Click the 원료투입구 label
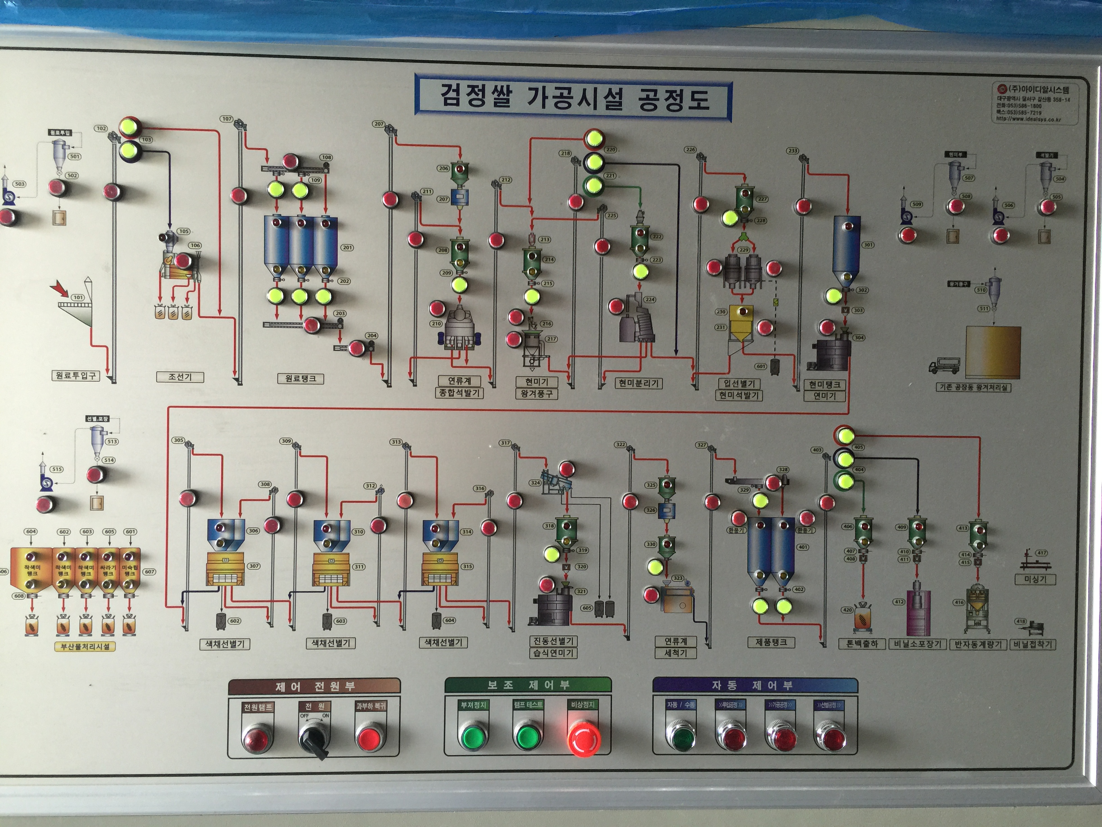75,375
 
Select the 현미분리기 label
638,383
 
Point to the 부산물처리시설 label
85,647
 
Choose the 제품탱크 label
771,642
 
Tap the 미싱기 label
1035,579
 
